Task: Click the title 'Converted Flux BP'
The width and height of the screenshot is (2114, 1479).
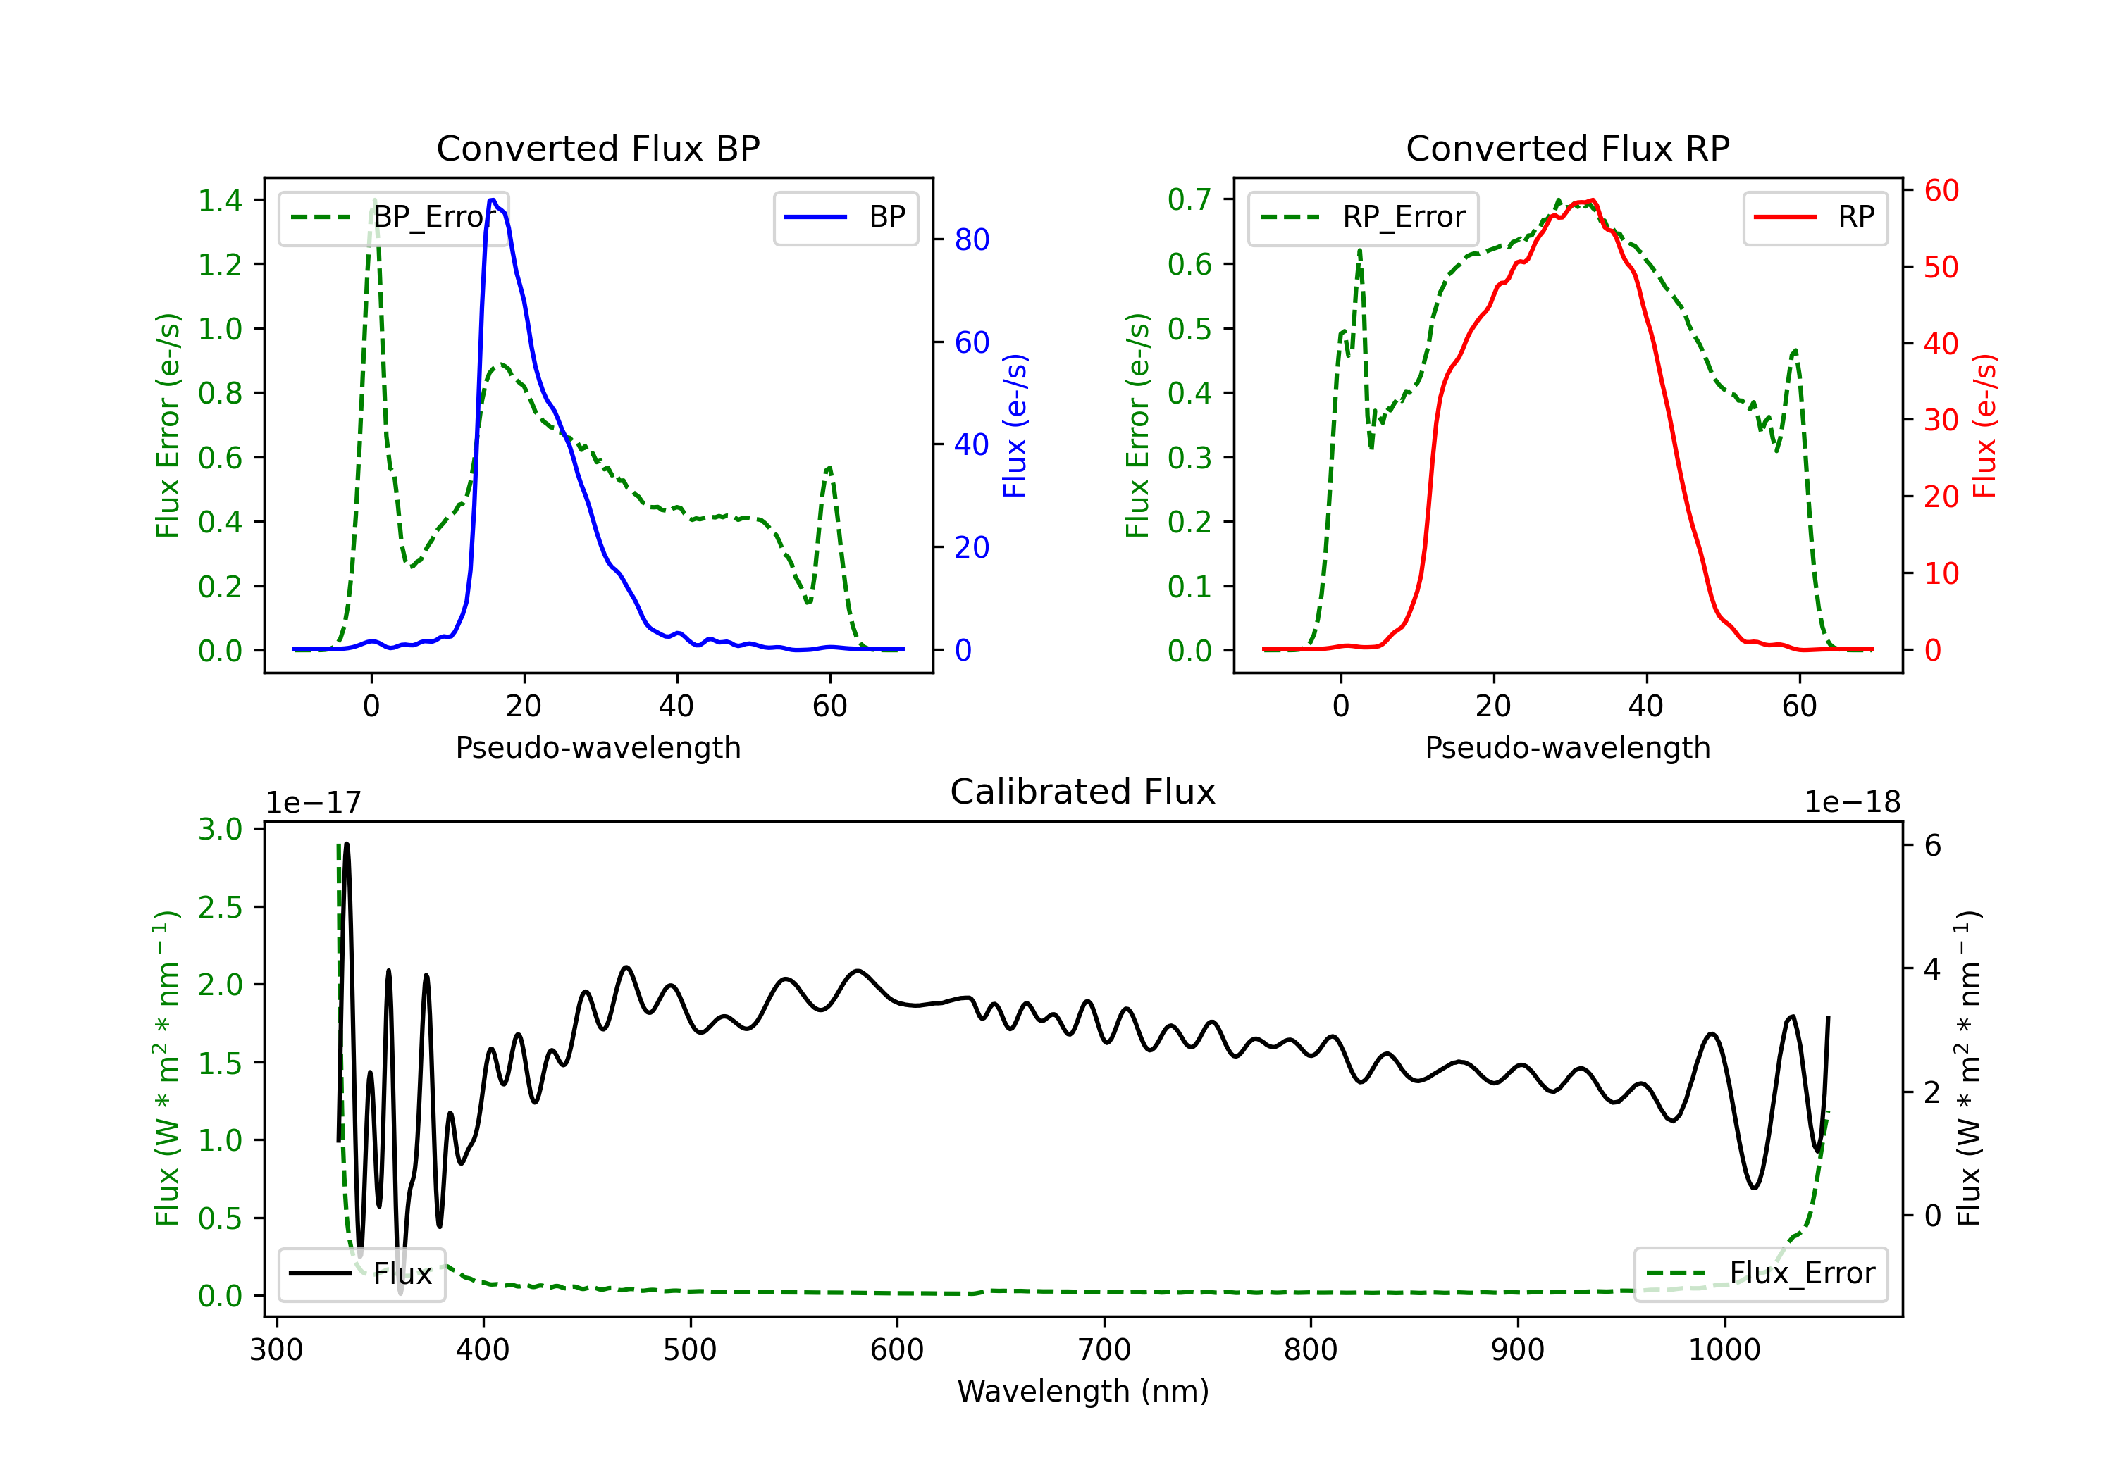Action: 598,148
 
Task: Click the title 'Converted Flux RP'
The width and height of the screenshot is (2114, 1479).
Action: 1567,148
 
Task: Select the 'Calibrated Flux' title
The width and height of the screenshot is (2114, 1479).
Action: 1083,792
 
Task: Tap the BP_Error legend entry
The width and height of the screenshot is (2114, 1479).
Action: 394,217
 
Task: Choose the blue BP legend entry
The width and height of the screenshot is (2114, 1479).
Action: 845,217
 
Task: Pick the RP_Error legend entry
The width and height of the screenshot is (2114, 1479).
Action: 1363,217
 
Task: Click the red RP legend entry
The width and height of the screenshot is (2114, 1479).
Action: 1815,217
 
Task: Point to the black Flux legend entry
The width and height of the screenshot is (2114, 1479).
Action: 361,1274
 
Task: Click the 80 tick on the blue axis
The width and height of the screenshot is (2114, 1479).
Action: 971,240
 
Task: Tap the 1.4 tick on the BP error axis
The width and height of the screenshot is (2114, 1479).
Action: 220,201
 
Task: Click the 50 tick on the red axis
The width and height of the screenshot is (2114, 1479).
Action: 1941,268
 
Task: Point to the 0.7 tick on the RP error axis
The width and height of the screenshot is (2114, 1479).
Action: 1189,200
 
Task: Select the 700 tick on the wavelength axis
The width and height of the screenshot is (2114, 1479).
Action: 1104,1350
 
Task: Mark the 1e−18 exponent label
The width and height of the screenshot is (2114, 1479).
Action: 1853,803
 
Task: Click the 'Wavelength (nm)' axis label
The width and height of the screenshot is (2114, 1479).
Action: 1083,1392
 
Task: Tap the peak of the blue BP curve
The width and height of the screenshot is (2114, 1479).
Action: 493,200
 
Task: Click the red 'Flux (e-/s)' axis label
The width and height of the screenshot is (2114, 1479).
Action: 1985,426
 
